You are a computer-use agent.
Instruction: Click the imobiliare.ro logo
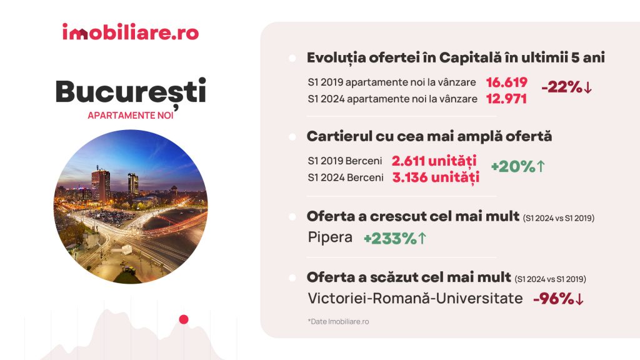pyautogui.click(x=131, y=32)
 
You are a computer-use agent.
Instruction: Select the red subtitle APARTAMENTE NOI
pyautogui.click(x=131, y=116)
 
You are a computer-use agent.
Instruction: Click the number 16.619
pyautogui.click(x=506, y=82)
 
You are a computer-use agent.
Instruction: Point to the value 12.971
pyautogui.click(x=506, y=99)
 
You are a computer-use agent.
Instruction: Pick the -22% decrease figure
pyautogui.click(x=566, y=87)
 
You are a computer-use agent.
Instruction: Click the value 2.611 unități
pyautogui.click(x=434, y=161)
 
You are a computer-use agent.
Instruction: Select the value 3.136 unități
pyautogui.click(x=436, y=177)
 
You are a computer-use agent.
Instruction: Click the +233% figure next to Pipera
pyautogui.click(x=395, y=238)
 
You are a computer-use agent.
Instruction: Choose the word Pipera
pyautogui.click(x=330, y=237)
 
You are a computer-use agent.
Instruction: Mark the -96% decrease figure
pyautogui.click(x=558, y=299)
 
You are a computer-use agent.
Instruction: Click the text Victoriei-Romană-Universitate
pyautogui.click(x=415, y=298)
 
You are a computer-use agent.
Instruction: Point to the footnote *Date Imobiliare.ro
pyautogui.click(x=338, y=322)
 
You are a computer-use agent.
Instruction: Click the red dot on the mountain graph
pyautogui.click(x=184, y=319)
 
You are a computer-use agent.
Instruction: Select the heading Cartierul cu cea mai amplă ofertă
pyautogui.click(x=429, y=136)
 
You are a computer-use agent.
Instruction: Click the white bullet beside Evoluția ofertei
pyautogui.click(x=292, y=58)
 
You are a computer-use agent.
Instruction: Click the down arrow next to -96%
pyautogui.click(x=579, y=299)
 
